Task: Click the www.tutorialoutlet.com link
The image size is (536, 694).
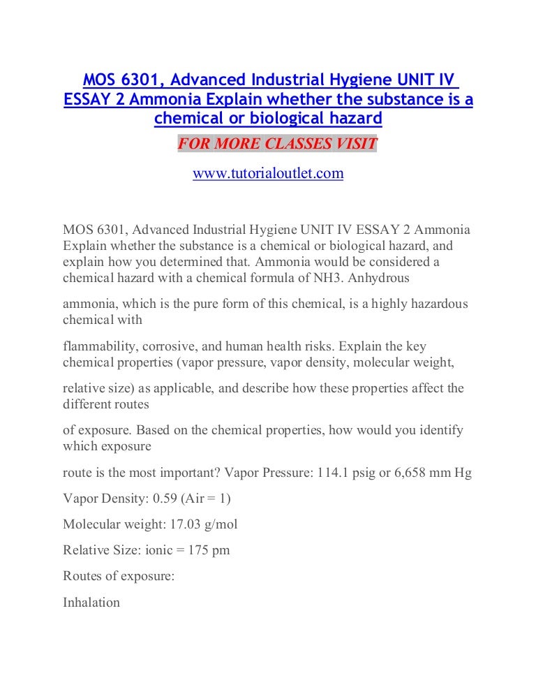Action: click(x=268, y=174)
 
